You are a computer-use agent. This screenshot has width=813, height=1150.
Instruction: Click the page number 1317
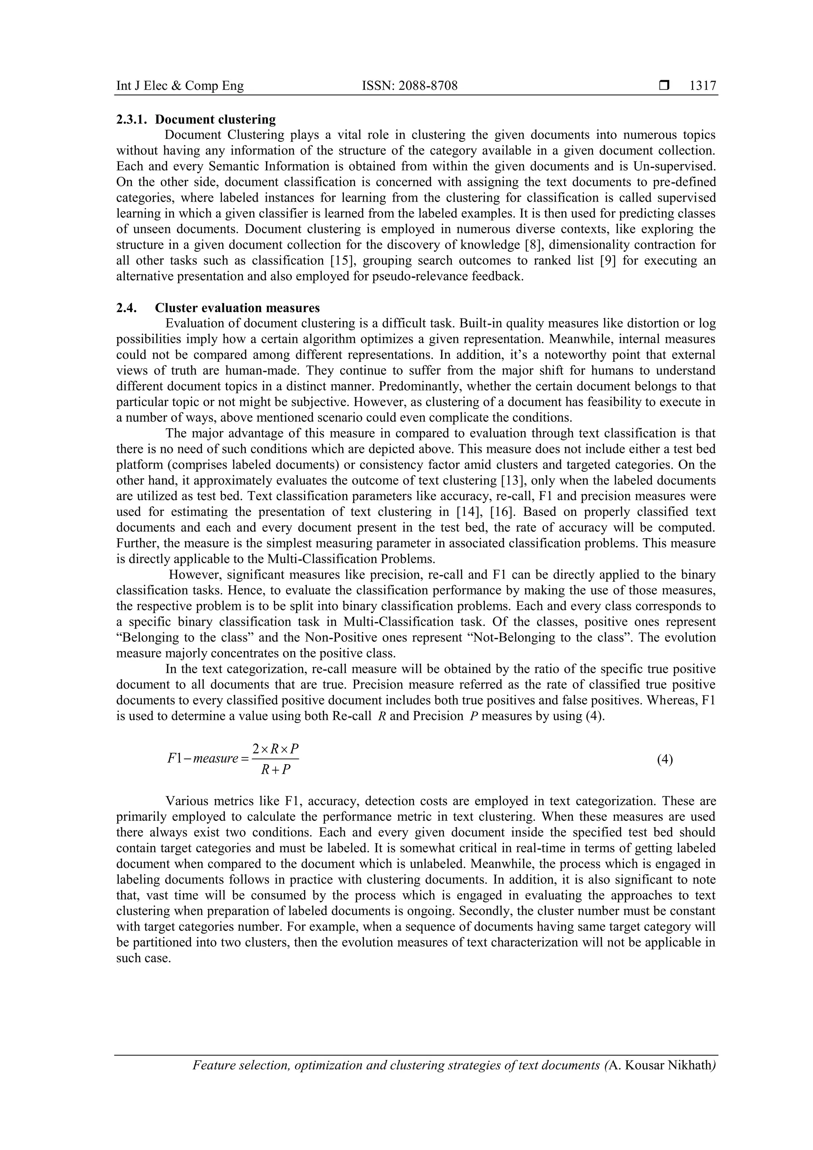pos(703,86)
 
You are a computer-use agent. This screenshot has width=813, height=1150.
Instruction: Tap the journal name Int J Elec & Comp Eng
pos(180,86)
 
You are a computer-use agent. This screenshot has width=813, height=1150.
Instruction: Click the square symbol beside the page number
pos(664,86)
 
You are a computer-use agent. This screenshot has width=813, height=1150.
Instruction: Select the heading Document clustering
pos(216,120)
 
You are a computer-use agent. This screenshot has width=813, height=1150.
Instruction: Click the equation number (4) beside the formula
pos(665,760)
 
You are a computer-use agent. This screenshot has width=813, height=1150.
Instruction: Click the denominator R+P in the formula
pos(275,770)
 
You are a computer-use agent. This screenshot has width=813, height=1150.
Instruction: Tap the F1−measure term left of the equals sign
pos(202,759)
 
